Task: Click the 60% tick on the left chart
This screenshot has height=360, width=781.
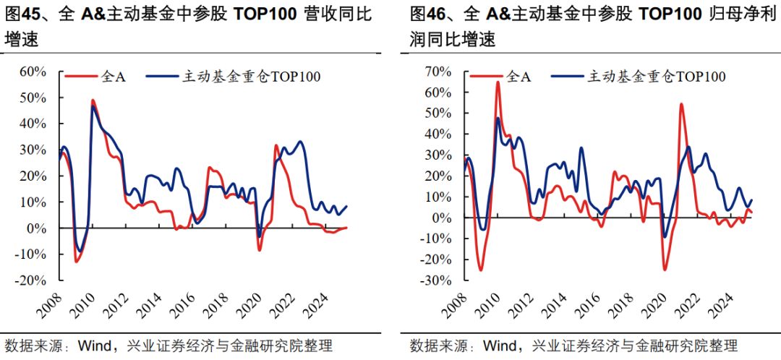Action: [x=34, y=72]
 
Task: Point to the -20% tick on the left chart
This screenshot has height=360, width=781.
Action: [x=33, y=280]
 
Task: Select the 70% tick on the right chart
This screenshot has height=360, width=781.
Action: [x=439, y=72]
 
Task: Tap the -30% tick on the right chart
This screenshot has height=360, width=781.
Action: [x=438, y=280]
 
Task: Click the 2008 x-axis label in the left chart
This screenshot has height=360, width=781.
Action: [x=51, y=304]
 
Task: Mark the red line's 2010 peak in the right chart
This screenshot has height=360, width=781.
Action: [x=498, y=82]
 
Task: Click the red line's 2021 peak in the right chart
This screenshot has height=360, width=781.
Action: [x=681, y=104]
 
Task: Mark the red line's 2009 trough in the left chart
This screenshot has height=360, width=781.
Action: [x=76, y=261]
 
